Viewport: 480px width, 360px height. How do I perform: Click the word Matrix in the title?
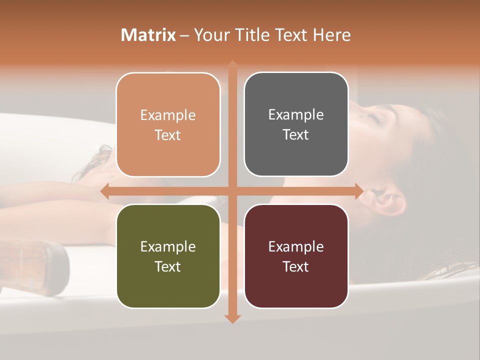click(x=148, y=35)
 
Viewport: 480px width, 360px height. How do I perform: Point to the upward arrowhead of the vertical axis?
click(x=232, y=65)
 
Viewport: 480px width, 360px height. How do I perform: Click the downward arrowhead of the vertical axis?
click(x=232, y=318)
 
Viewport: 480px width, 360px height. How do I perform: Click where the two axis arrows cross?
click(x=232, y=191)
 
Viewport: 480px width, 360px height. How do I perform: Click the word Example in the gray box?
click(x=296, y=115)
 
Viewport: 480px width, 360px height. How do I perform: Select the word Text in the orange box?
click(x=168, y=135)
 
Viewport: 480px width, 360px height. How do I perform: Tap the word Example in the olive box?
click(x=168, y=246)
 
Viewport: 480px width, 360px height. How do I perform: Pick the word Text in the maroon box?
click(x=296, y=266)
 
